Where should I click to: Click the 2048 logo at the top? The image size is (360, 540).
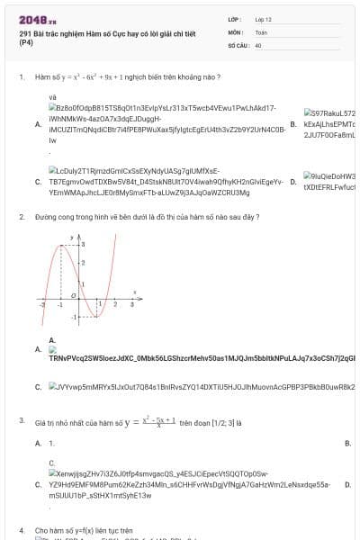pos(38,19)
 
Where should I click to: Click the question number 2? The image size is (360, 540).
pos(21,217)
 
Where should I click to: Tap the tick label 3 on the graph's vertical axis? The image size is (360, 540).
pos(83,245)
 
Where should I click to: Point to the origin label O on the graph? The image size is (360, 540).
pos(73,294)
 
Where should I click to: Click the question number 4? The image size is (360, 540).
pos(21,531)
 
